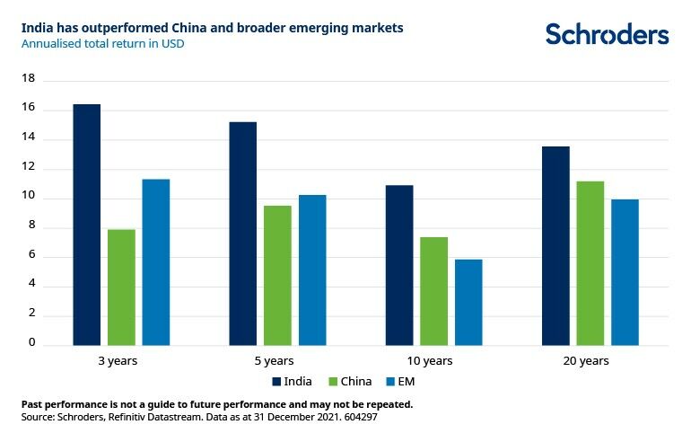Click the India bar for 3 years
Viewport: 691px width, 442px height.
87,225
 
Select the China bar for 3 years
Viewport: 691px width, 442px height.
121,287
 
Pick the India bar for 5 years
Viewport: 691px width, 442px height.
242,234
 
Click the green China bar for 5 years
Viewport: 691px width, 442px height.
277,276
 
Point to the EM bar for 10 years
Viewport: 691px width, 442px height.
468,302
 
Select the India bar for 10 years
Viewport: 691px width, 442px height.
399,265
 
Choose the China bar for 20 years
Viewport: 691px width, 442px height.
590,263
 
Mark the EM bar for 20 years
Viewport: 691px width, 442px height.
625,272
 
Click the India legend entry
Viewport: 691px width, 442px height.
291,381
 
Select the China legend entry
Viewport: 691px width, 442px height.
352,381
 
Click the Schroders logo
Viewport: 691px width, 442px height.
608,34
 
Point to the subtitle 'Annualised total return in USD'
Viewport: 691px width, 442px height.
103,43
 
